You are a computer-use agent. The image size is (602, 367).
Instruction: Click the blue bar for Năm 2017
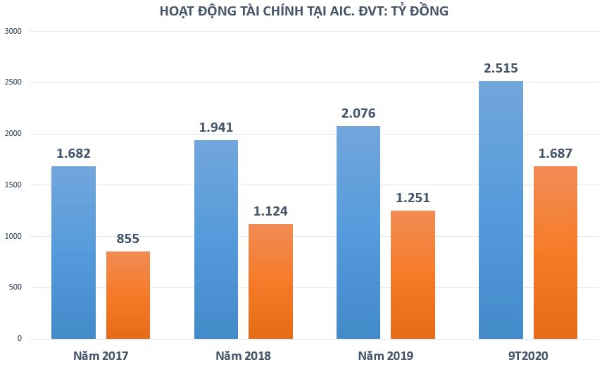point(73,252)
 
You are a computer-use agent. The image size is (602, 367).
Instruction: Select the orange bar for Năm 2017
point(128,294)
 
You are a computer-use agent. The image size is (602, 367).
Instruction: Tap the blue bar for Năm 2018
point(215,240)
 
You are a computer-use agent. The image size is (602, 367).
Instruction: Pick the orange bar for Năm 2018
point(271,281)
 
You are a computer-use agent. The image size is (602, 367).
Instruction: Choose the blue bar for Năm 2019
point(358,232)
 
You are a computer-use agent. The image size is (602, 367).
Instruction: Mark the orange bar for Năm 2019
point(413,275)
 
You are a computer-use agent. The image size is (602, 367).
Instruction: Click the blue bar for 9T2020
point(501,210)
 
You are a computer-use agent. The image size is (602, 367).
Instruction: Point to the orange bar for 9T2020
point(556,252)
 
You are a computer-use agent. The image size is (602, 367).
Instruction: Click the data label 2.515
point(501,68)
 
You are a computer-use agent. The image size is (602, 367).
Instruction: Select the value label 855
point(128,239)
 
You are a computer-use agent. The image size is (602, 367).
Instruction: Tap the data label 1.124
point(271,211)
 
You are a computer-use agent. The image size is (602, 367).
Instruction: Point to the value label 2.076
point(358,113)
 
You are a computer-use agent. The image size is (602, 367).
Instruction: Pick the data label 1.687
point(556,154)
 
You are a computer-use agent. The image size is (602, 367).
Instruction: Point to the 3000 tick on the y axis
point(13,32)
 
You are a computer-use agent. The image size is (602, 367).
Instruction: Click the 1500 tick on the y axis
point(13,185)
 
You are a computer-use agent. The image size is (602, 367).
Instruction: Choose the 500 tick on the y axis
point(15,287)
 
